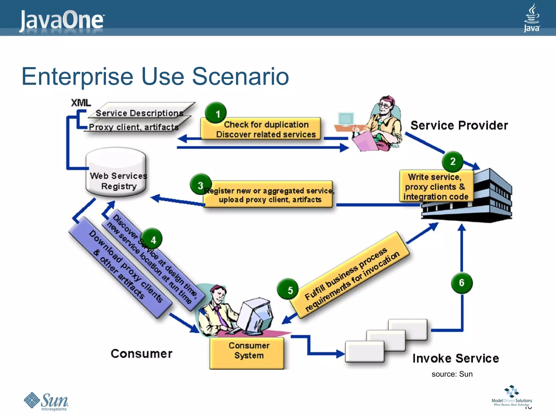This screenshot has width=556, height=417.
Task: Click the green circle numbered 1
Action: click(x=216, y=113)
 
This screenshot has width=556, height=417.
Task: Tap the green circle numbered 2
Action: click(x=453, y=162)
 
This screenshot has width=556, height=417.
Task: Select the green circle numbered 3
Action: click(x=201, y=185)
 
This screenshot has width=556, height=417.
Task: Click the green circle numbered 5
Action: click(x=288, y=289)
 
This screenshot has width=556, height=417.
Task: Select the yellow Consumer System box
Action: click(x=247, y=353)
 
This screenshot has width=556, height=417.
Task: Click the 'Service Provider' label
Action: click(x=459, y=125)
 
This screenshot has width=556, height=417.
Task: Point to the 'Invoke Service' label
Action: click(x=456, y=358)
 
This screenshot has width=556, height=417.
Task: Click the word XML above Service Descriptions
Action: click(x=81, y=103)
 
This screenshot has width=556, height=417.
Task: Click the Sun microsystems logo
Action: click(x=46, y=401)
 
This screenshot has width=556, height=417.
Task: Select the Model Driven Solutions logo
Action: click(x=511, y=396)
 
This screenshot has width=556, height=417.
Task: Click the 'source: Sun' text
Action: click(x=452, y=374)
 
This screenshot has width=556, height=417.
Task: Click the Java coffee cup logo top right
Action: click(x=532, y=18)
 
